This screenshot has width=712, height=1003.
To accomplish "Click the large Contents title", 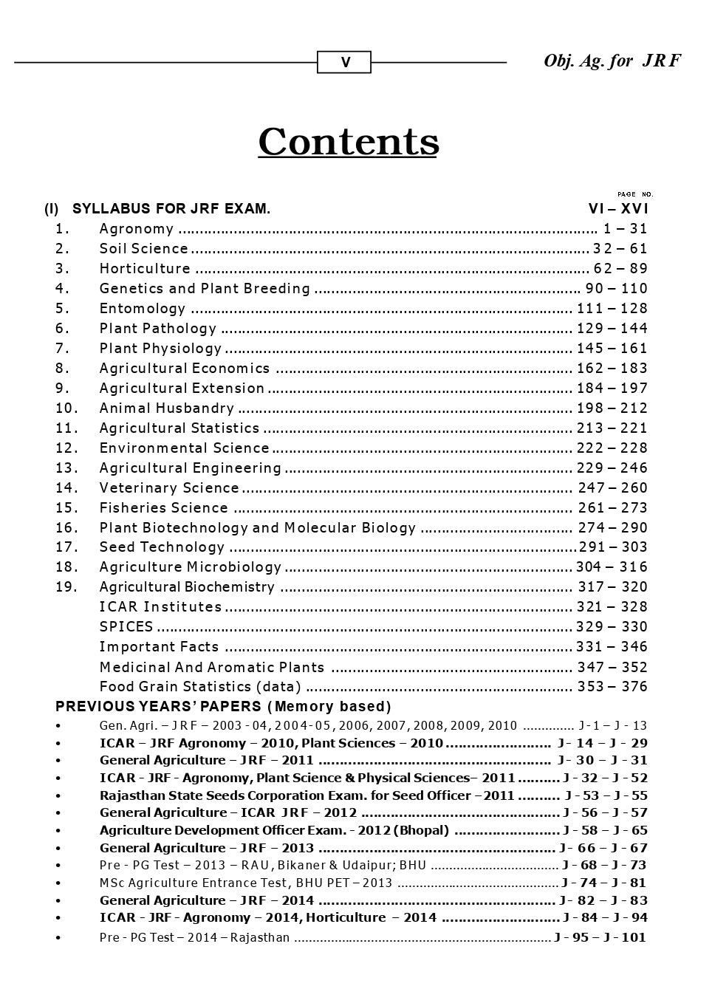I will (x=348, y=142).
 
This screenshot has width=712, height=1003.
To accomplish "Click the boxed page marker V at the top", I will (x=344, y=63).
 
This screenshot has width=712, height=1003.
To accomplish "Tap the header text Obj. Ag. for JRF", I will (x=612, y=61).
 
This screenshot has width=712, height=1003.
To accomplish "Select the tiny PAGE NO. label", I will (x=634, y=194).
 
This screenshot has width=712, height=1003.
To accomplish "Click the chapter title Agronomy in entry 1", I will (x=137, y=229).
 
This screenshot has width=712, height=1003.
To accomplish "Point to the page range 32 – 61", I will (x=620, y=249).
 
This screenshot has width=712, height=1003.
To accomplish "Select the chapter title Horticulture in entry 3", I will (x=145, y=269).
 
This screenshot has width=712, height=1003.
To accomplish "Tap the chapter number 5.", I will (x=62, y=309).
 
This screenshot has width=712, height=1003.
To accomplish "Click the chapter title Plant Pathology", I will (x=158, y=329).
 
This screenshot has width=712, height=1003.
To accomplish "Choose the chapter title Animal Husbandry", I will (x=167, y=408).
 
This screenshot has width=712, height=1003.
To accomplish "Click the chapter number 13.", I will (x=66, y=468).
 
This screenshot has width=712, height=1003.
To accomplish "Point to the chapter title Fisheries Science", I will (x=164, y=508).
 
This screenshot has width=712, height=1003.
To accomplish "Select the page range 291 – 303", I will (x=612, y=547).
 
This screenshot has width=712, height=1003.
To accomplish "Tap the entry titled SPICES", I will (x=126, y=627).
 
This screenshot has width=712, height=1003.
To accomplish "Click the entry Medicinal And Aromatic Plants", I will (x=212, y=668).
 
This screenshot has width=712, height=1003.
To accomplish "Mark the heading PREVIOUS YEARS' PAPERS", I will (x=158, y=707).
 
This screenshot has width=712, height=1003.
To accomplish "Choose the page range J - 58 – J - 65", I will (x=604, y=830).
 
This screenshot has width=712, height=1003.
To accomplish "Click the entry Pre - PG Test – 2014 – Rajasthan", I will (x=194, y=938).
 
